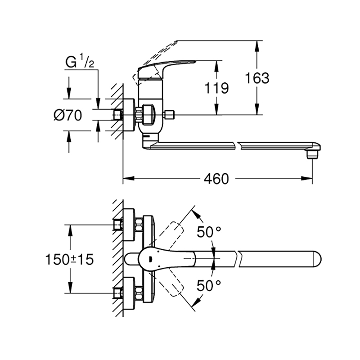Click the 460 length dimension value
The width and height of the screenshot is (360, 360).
(x=216, y=179)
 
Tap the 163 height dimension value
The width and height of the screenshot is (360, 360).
(x=257, y=78)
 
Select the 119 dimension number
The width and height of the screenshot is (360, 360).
(x=216, y=88)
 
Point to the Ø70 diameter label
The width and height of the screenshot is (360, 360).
(x=68, y=115)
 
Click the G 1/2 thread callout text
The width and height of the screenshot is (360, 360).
(x=80, y=61)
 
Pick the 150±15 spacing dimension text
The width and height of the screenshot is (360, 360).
(x=70, y=260)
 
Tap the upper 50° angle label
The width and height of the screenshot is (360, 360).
(x=209, y=232)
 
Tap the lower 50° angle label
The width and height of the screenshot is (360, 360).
(x=209, y=286)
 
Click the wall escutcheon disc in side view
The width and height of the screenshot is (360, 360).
(x=129, y=115)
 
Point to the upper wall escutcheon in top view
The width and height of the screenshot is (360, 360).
(x=129, y=225)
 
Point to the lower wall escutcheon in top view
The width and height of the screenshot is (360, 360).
(x=129, y=293)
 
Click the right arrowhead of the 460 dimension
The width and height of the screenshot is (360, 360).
(x=307, y=178)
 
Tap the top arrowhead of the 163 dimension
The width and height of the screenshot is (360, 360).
(x=257, y=46)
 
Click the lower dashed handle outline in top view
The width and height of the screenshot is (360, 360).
(x=172, y=283)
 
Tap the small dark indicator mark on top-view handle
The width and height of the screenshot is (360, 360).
(x=150, y=259)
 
